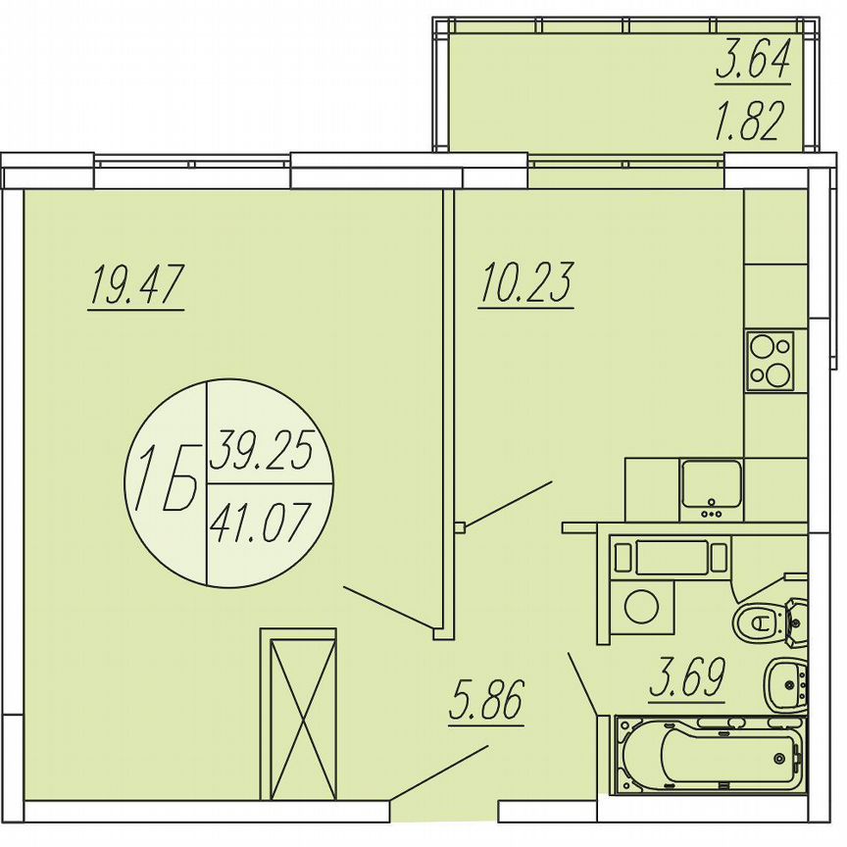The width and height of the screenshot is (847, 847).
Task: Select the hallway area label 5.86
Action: pos(486,702)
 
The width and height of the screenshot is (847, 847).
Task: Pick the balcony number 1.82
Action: pos(752,124)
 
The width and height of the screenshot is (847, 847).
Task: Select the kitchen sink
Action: pos(713,486)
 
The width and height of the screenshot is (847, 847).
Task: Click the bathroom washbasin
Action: pos(786,682)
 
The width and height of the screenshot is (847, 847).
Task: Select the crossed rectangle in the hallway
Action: pos(297,715)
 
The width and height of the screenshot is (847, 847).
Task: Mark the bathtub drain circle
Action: pos(780,756)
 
